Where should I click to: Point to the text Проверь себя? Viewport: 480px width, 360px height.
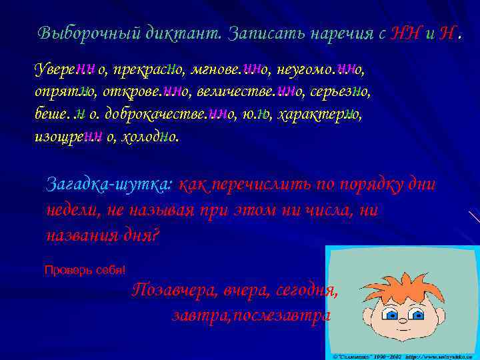click(84, 270)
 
